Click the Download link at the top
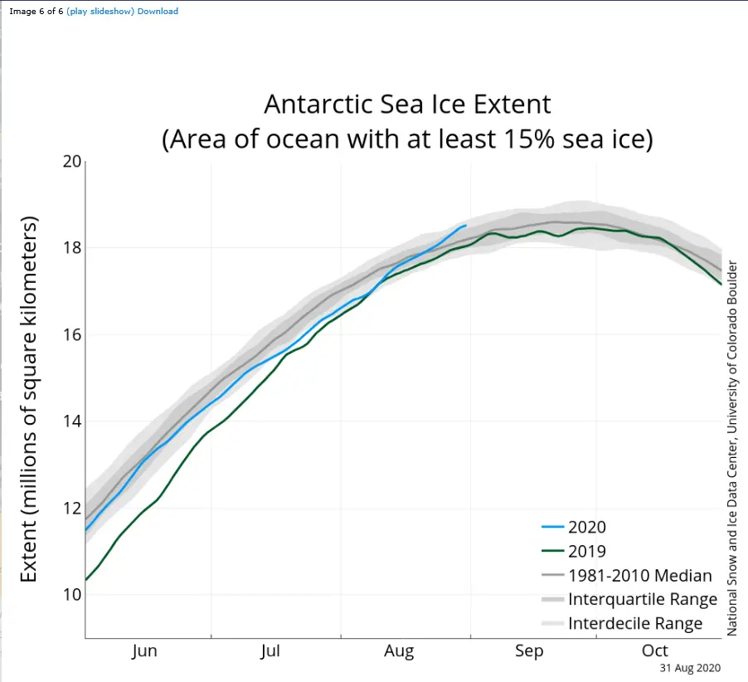click(158, 12)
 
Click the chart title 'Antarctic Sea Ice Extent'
click(407, 105)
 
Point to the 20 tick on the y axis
click(73, 161)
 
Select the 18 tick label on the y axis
click(73, 247)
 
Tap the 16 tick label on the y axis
click(73, 334)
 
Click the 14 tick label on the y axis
click(73, 421)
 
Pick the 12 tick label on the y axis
click(73, 508)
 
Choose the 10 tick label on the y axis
click(73, 594)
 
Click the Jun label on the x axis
click(144, 651)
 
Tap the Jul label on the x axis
click(270, 651)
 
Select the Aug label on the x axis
click(399, 651)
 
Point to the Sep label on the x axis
click(529, 651)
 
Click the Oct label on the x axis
click(656, 651)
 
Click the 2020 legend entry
click(587, 527)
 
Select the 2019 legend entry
click(587, 551)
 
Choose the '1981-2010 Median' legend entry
click(639, 575)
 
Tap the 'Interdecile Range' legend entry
click(635, 623)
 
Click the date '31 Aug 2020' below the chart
click(690, 668)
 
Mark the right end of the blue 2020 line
click(465, 225)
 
